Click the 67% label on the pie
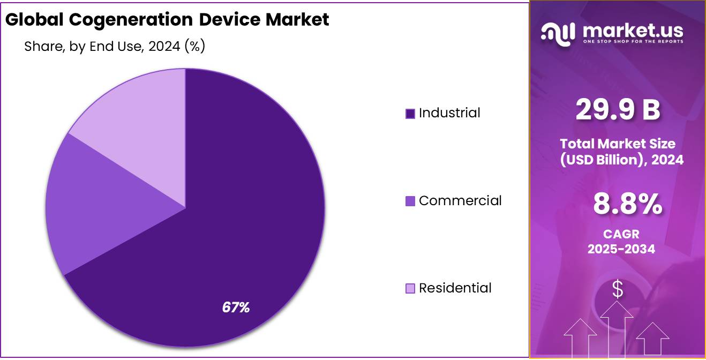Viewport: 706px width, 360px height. [x=236, y=307]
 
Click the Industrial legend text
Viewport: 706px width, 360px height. [x=449, y=113]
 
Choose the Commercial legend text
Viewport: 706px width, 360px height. [x=460, y=201]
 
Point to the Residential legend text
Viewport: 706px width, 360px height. [x=455, y=288]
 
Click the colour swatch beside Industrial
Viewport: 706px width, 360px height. [x=410, y=114]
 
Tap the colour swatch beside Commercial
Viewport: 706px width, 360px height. [x=410, y=201]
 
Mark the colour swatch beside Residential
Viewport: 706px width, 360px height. [x=410, y=289]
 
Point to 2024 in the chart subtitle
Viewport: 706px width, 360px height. [x=164, y=47]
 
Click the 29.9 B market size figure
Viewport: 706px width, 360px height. [x=618, y=110]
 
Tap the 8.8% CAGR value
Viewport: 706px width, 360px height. [x=627, y=204]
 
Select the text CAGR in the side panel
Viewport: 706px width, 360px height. [x=621, y=234]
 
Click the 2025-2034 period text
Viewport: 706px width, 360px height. [x=621, y=249]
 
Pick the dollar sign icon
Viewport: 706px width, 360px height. [x=618, y=289]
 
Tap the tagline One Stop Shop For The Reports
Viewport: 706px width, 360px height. [x=633, y=41]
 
